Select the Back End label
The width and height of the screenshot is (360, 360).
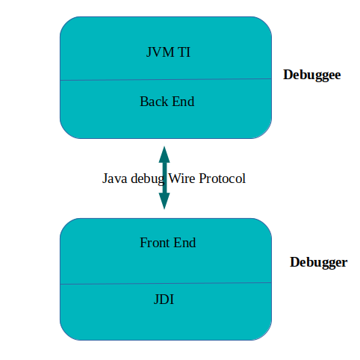(x=167, y=101)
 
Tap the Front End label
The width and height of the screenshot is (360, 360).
(x=167, y=243)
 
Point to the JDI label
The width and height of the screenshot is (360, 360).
(x=164, y=300)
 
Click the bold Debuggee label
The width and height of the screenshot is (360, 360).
(x=311, y=75)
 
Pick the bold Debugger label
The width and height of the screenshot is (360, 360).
(x=318, y=263)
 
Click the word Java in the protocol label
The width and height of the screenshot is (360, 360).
(x=114, y=179)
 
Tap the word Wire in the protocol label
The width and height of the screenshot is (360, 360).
(x=183, y=179)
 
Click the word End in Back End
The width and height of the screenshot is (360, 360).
(x=182, y=101)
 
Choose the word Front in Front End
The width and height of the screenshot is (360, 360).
(x=154, y=243)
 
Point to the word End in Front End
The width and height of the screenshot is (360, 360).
(x=184, y=243)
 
